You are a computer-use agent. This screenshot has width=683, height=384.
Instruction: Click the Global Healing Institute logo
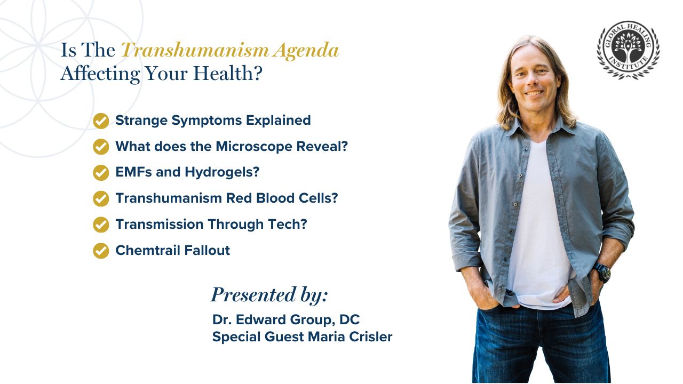[628, 50]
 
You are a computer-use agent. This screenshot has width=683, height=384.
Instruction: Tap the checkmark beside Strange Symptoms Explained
[101, 121]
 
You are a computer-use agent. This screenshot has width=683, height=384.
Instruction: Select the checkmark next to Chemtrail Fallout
[101, 251]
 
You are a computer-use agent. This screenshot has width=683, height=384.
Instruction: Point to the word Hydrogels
[221, 172]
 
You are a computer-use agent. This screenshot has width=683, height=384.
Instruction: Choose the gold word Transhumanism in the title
[195, 50]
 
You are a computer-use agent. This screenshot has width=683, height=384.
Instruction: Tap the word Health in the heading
[228, 73]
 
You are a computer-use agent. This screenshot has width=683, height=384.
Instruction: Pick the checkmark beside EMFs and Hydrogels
[101, 173]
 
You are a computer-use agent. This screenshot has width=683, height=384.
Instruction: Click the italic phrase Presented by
[269, 295]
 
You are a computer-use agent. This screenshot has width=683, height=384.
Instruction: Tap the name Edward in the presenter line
[261, 319]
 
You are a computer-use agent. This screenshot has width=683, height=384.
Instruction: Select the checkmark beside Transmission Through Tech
[101, 225]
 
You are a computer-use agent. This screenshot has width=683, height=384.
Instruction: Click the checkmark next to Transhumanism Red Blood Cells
[101, 199]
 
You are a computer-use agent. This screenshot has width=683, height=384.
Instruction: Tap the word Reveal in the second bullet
[322, 147]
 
